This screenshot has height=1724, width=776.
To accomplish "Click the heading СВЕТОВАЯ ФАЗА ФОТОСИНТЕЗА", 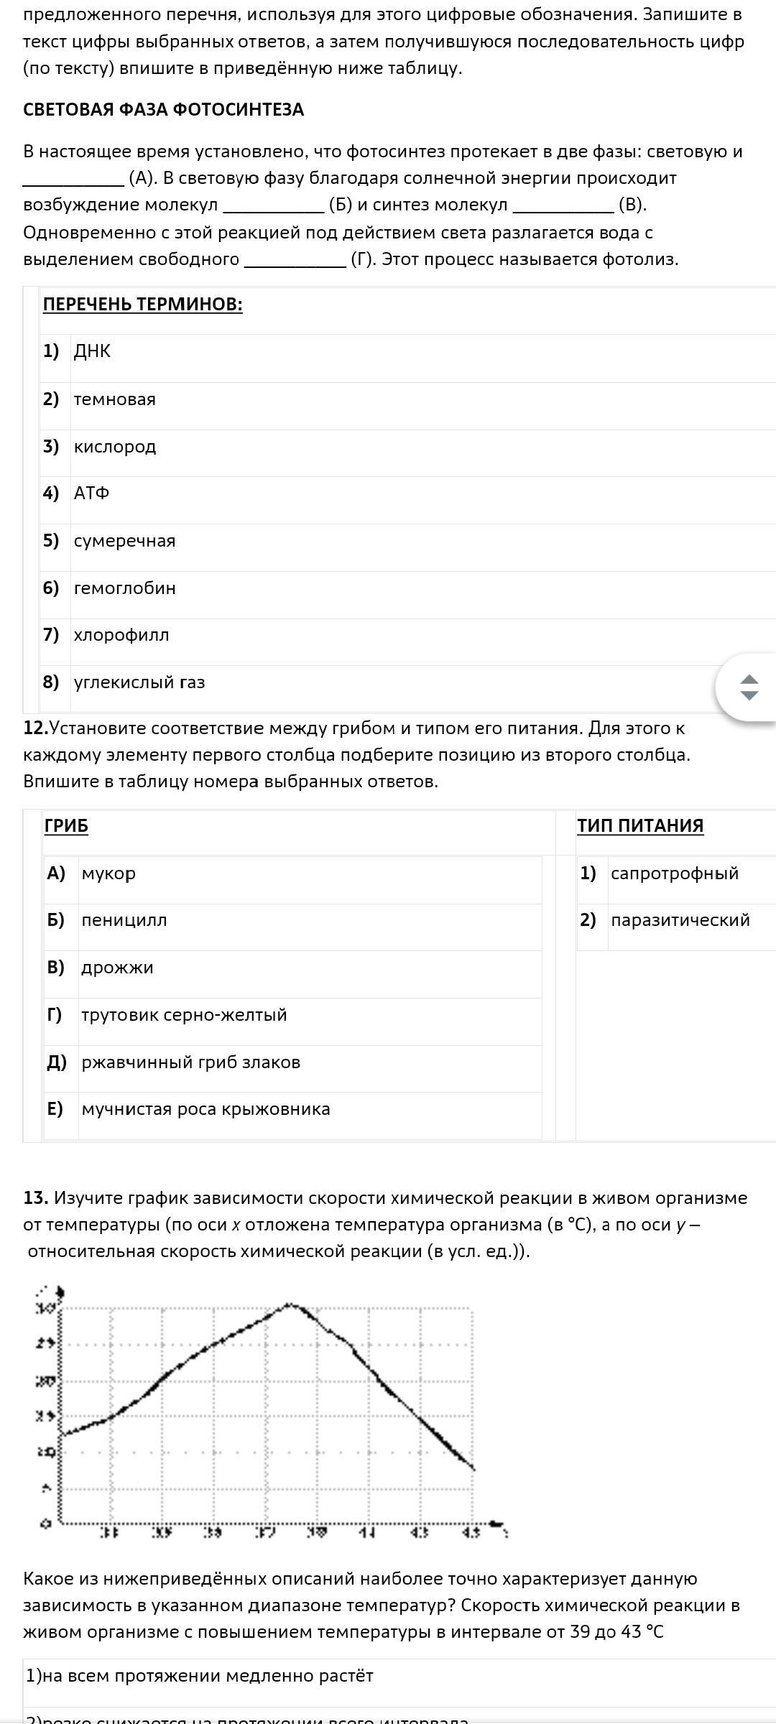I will pos(163,109).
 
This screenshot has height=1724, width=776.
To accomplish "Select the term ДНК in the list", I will pos(92,351).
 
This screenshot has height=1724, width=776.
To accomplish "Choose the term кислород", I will pos(114,447).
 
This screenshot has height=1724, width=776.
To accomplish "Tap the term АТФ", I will pos(91,493).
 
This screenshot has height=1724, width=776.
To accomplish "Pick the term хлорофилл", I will pos(121,635).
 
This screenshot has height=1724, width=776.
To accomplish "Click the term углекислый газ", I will pos(139,682).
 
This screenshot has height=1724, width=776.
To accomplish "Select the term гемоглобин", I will pos(124,588).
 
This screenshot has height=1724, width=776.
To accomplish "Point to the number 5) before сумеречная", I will pos(50,541).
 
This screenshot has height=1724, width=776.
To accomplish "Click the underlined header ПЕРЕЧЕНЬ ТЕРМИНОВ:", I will pos(142,305).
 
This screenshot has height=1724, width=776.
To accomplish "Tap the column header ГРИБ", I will pos(66,826).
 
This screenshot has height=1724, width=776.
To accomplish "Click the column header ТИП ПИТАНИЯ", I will pos(639,826).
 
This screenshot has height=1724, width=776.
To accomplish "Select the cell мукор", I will pos(108,873).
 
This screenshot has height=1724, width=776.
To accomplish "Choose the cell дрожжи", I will pos(117,968).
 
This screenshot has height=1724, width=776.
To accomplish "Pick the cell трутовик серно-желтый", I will pos(184,1015).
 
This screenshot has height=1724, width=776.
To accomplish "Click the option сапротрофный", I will pos(674,873).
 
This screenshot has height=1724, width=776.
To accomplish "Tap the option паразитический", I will pos(680,920).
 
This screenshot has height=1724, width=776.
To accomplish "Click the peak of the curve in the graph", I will pos(289,1304).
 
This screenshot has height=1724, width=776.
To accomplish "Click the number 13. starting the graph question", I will pos(35,1198).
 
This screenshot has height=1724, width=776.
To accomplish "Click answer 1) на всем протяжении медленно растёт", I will pos(199,1676).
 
